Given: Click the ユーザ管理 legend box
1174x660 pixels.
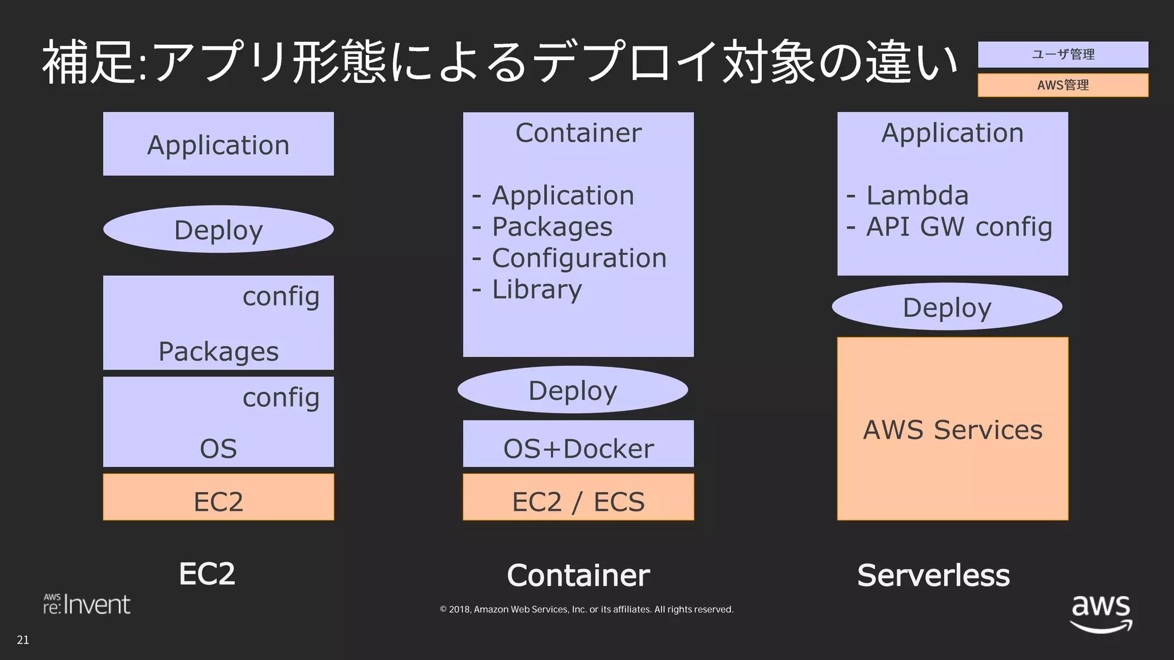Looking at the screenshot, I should (1062, 54).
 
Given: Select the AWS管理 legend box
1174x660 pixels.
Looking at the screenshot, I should (1062, 85).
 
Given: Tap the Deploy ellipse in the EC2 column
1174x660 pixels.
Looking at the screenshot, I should (218, 230).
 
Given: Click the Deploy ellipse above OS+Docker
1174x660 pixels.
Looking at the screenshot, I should (573, 390).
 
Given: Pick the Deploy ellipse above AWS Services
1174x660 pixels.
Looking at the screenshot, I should (947, 307).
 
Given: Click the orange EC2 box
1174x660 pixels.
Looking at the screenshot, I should (218, 497).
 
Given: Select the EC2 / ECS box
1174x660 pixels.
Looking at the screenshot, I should (578, 497).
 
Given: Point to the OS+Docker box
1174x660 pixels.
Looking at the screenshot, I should (578, 445).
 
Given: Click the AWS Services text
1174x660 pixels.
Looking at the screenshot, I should (952, 430).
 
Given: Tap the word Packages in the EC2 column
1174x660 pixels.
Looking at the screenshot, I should (218, 351).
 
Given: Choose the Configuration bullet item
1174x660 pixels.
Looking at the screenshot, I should (578, 258).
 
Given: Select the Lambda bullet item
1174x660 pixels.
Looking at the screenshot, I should (917, 195).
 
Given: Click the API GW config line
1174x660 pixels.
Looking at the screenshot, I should (958, 227).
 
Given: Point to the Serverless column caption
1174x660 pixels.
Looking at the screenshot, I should (933, 575).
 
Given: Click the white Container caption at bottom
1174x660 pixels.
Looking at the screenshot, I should (578, 575).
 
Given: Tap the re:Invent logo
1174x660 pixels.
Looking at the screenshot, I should (87, 604).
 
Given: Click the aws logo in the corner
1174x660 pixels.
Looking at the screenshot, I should (1101, 613).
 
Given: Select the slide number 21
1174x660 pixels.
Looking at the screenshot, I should (23, 640).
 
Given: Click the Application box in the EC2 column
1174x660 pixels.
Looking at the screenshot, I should (218, 144).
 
